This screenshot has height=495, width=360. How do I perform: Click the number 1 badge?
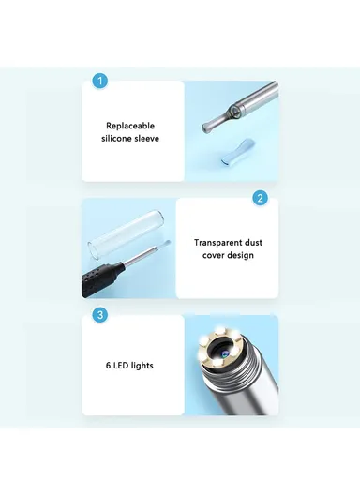pyautogui.click(x=100, y=82)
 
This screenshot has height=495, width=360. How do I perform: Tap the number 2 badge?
pyautogui.click(x=260, y=199)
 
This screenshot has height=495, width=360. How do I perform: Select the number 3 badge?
pyautogui.click(x=100, y=315)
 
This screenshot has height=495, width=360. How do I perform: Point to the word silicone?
pyautogui.click(x=119, y=139)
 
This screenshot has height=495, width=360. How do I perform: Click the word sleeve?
pyautogui.click(x=149, y=139)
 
